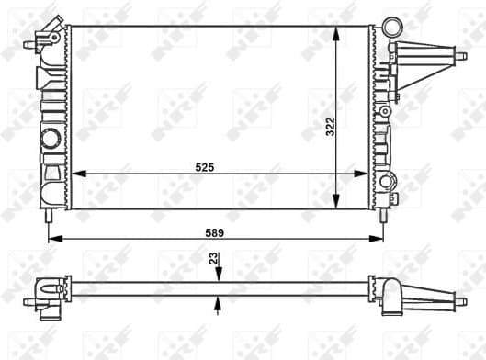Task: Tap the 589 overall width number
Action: (x=215, y=232)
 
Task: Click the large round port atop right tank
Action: (x=392, y=27)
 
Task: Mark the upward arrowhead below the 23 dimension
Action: (x=218, y=300)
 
